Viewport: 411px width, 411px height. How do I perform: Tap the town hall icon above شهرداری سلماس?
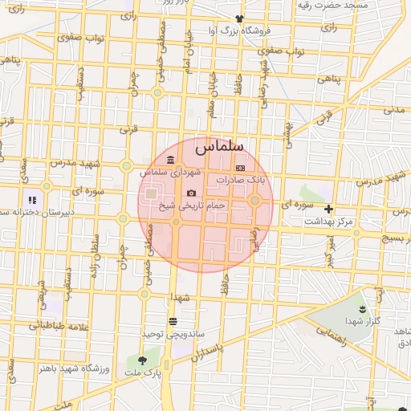(169, 160)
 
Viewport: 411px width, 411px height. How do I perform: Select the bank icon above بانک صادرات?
(239, 168)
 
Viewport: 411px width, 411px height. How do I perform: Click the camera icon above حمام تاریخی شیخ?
(191, 193)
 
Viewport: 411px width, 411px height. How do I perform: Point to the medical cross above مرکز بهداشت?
(328, 209)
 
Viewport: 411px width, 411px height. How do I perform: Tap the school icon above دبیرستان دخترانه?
(32, 199)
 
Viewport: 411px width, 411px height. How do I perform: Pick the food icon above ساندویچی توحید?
(173, 320)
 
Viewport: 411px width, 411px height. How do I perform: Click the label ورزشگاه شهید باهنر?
(78, 368)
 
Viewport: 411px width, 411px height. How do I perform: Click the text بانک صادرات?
(246, 181)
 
